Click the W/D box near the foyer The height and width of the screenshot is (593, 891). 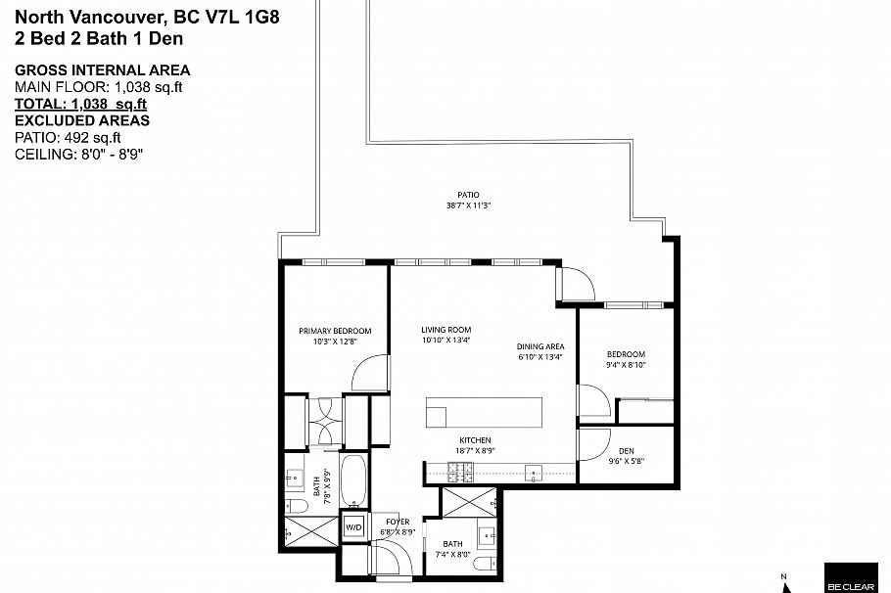352,526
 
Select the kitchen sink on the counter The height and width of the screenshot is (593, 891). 533,474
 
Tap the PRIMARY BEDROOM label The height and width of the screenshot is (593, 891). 335,331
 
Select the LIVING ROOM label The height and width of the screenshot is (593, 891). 446,330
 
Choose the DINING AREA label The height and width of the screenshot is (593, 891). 540,346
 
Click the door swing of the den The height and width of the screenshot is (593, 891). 591,445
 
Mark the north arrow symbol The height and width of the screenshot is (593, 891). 784,580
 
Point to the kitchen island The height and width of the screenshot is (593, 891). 484,411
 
